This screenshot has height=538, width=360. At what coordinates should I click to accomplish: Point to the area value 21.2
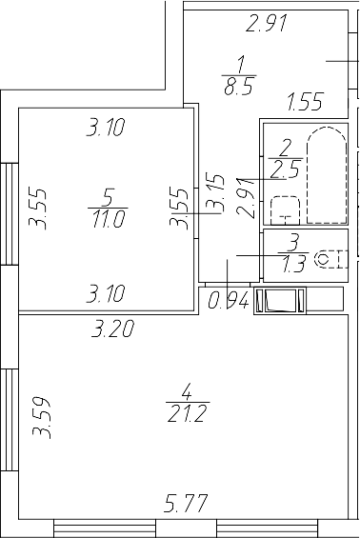pos(186,412)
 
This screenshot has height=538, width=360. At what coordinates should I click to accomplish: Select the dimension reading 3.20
pos(111,331)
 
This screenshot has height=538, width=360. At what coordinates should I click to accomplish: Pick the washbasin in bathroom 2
pos(284,209)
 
